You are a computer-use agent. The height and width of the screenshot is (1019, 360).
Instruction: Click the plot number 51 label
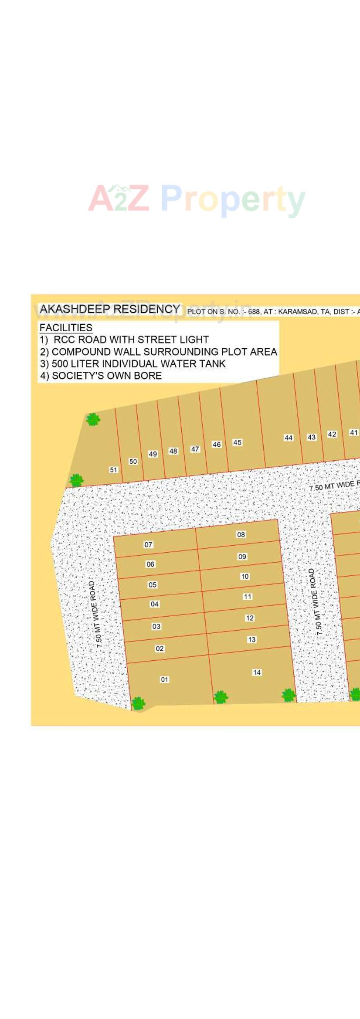(113, 470)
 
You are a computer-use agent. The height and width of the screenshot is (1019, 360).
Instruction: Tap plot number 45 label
(237, 442)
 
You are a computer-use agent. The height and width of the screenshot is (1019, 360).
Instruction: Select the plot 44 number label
(289, 438)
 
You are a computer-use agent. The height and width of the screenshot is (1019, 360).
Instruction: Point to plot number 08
(241, 534)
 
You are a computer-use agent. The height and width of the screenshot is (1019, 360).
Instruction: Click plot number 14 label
(257, 673)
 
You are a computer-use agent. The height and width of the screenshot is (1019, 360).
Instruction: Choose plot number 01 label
(164, 679)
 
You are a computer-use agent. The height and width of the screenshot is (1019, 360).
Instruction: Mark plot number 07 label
(148, 544)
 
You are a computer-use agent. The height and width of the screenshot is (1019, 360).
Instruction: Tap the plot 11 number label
(248, 597)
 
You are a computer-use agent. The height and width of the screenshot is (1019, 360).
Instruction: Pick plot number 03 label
(156, 626)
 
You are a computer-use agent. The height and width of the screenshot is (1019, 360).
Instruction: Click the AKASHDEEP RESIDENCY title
(110, 309)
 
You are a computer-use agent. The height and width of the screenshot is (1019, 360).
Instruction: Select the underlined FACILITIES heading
(66, 328)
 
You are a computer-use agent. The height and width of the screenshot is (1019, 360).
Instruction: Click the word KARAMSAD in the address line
(297, 312)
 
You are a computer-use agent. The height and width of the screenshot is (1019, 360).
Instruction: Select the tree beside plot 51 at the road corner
(76, 480)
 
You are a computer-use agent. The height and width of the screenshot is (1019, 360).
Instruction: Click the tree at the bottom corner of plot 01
(138, 703)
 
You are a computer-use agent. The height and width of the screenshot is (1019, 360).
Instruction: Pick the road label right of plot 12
(315, 601)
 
